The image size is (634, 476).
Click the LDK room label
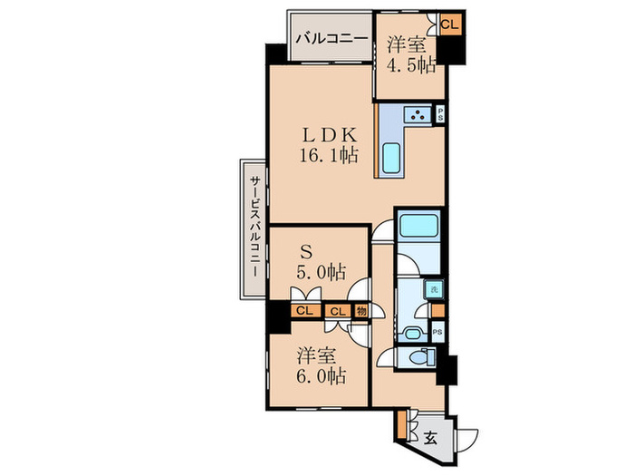329,135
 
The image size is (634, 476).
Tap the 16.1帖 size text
329,155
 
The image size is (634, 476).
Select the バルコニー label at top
332,38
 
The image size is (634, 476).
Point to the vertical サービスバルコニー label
255,226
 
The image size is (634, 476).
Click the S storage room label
306,253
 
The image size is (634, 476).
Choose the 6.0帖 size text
322,376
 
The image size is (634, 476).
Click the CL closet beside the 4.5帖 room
450,24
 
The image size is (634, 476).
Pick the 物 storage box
361,311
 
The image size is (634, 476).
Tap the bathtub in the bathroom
418,227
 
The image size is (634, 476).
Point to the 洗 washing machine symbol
434,289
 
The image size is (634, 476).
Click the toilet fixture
421,358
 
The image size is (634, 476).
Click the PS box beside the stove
439,113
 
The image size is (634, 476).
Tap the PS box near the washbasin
437,332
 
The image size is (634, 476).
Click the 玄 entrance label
430,438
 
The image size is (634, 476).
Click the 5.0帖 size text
322,272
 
